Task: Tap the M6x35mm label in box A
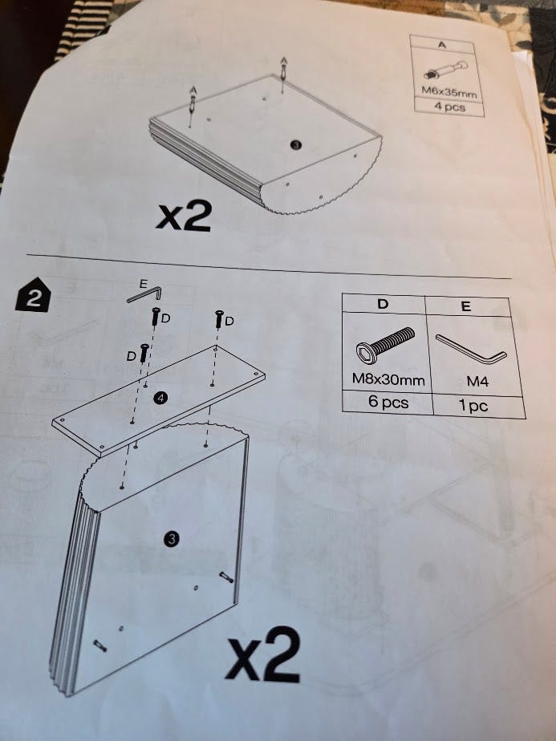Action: pyautogui.click(x=448, y=91)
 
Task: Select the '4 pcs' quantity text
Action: pyautogui.click(x=449, y=107)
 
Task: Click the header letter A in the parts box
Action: pyautogui.click(x=442, y=45)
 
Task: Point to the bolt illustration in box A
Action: pyautogui.click(x=445, y=69)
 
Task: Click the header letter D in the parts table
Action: pyautogui.click(x=383, y=303)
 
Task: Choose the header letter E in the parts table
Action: pyautogui.click(x=465, y=306)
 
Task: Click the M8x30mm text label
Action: pyautogui.click(x=388, y=379)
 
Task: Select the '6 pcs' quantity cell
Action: pyautogui.click(x=388, y=402)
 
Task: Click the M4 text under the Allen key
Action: pyautogui.click(x=477, y=381)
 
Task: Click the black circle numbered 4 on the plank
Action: pyautogui.click(x=160, y=399)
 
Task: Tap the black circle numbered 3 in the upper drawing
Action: pyautogui.click(x=296, y=145)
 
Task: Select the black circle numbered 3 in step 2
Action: pyautogui.click(x=171, y=538)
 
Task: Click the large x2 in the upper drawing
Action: pyautogui.click(x=184, y=217)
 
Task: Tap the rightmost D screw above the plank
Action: pyautogui.click(x=219, y=319)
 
